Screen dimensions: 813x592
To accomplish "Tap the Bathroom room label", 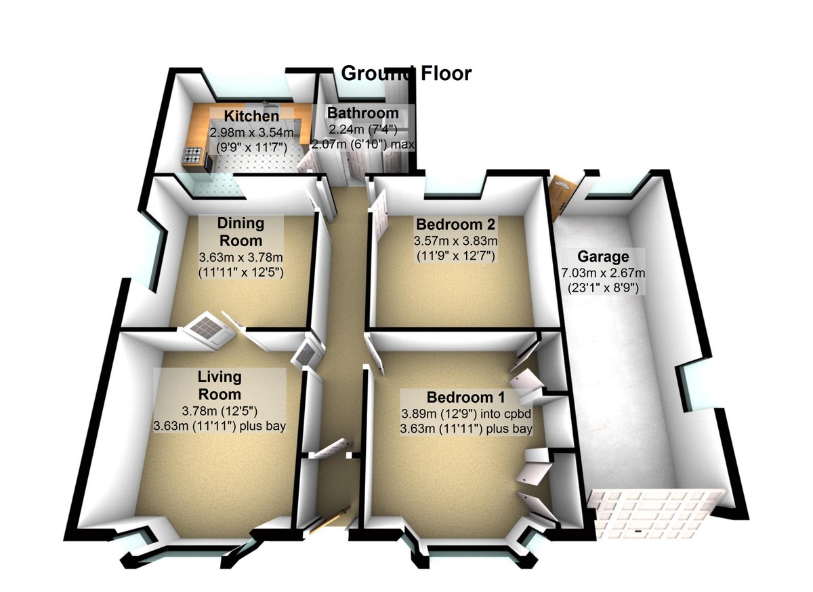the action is pos(362,113).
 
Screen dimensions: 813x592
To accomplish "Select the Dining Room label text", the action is pos(241,232).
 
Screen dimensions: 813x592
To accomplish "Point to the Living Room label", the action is pos(219,385).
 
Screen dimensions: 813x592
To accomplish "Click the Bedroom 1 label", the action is pos(465,397).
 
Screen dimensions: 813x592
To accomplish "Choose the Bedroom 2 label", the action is pos(456,224).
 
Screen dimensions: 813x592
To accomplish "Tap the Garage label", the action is pos(602,257).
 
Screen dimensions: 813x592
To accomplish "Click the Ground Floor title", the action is pos(406,73).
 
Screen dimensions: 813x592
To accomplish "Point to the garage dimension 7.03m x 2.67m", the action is pos(603,273).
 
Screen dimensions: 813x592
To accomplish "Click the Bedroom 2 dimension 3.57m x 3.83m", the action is pos(456,241).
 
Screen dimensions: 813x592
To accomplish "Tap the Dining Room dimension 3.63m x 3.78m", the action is pos(241,258).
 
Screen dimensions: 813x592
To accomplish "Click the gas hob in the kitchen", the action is pos(192,156).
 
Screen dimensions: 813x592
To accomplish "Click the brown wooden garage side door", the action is pos(561,195).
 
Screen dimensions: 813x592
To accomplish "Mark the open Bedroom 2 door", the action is pos(378,216).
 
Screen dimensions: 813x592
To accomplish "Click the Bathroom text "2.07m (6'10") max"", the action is pos(362,144).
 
